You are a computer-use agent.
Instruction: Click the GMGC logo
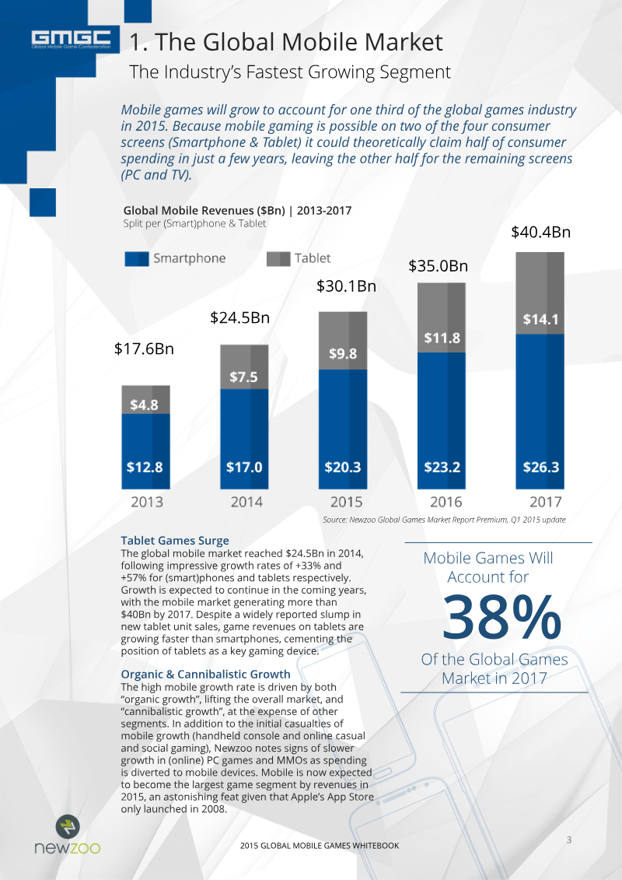point(71,39)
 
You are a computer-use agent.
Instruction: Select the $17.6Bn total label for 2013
point(144,349)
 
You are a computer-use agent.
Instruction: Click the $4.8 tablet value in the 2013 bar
point(144,405)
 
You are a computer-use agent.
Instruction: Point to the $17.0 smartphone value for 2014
point(244,467)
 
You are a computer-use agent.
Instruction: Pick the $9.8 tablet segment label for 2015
point(343,354)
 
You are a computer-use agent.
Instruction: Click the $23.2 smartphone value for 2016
point(442,467)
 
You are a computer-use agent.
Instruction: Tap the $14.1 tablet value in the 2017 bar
point(540,319)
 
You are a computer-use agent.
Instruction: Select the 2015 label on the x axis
point(346,501)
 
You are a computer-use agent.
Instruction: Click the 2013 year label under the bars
point(147,501)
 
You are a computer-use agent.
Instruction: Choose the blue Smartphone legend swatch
point(137,259)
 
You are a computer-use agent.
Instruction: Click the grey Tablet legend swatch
point(278,259)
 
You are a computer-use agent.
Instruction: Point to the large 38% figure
point(501,617)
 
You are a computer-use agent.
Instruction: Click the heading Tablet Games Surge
point(175,541)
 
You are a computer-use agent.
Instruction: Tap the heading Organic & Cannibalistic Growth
point(206,674)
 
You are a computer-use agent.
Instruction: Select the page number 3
point(568,840)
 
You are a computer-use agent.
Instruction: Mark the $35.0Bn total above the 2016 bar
point(438,265)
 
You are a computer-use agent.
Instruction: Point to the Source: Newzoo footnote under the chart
point(444,520)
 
